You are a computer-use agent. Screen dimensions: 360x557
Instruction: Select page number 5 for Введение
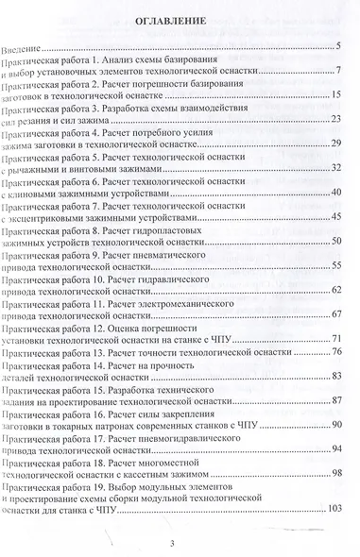click(336, 46)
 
